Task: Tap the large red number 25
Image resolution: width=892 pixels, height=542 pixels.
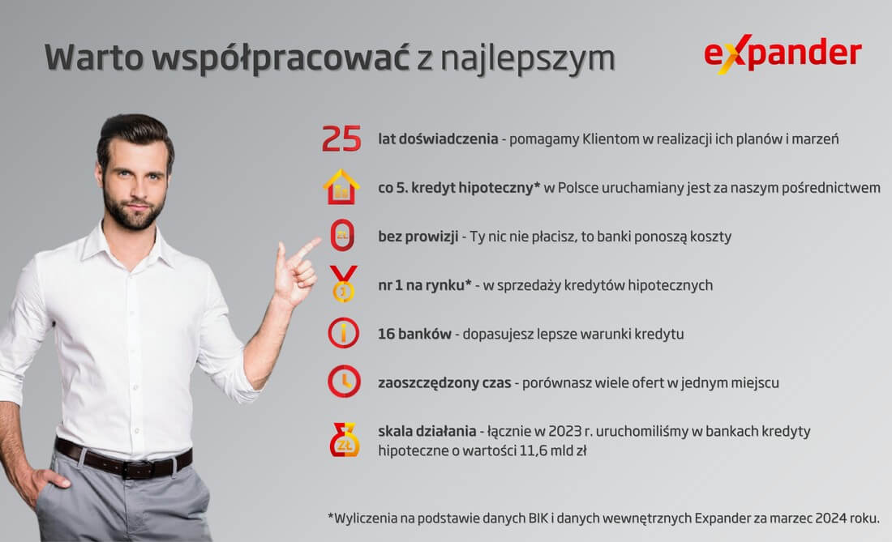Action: coord(341,139)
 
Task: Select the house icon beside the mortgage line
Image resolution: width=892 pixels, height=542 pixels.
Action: coord(341,188)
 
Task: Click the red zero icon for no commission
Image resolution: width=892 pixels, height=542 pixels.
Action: coord(342,237)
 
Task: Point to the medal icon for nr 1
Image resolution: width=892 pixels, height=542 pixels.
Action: coord(342,284)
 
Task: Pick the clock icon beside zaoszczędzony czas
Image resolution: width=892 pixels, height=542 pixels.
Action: coord(344,382)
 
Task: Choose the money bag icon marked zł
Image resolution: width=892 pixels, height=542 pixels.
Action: coord(344,440)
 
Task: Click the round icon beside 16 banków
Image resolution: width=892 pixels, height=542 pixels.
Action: coord(343,333)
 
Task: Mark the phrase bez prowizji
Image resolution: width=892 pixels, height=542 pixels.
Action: coord(417,237)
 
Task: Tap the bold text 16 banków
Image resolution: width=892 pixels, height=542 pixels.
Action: coord(414,333)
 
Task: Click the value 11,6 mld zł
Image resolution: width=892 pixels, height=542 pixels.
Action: coord(547,450)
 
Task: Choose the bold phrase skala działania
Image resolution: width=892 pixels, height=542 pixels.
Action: coord(427,430)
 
